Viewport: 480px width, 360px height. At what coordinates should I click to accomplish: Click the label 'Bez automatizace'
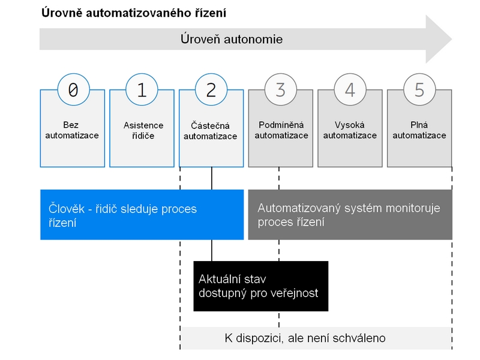tap(72, 130)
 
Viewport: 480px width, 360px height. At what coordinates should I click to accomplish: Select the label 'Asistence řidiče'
tap(143, 130)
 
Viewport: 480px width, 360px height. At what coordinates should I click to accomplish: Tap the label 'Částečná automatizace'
tap(211, 131)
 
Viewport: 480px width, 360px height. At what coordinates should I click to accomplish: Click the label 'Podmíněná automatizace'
tap(281, 130)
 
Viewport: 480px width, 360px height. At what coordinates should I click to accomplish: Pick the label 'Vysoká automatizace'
tap(350, 130)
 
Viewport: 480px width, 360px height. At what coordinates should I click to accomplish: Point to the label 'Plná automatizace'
tap(419, 130)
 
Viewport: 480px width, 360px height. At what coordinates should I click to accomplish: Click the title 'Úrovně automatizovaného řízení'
tap(134, 13)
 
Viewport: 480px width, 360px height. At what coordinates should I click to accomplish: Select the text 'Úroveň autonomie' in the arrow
tap(232, 39)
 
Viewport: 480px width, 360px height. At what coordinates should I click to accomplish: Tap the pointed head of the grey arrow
tap(452, 39)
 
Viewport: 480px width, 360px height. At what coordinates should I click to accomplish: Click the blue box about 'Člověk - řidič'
tap(142, 215)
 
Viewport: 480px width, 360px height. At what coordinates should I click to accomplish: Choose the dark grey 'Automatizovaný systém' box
tap(350, 215)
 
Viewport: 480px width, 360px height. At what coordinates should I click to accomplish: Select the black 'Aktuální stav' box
tap(261, 286)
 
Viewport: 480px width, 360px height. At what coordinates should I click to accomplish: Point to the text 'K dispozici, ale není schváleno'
tap(305, 338)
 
